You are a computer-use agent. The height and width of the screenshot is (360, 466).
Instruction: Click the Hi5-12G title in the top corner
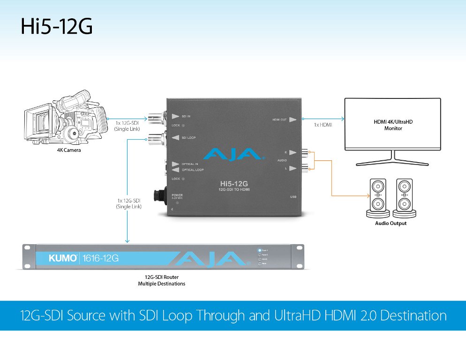pos(56,27)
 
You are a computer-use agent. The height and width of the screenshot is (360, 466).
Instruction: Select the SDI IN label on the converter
pos(186,116)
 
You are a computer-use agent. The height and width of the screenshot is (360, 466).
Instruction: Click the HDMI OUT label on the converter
pos(280,120)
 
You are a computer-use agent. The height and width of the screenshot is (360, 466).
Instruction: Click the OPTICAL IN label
pos(190,164)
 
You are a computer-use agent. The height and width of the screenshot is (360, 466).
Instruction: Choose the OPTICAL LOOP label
pos(192,170)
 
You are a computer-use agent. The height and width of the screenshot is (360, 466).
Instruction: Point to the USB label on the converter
pos(294,197)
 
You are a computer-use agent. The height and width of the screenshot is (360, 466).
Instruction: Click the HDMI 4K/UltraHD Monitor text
pos(393,125)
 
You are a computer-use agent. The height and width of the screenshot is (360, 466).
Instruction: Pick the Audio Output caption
pos(391,224)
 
